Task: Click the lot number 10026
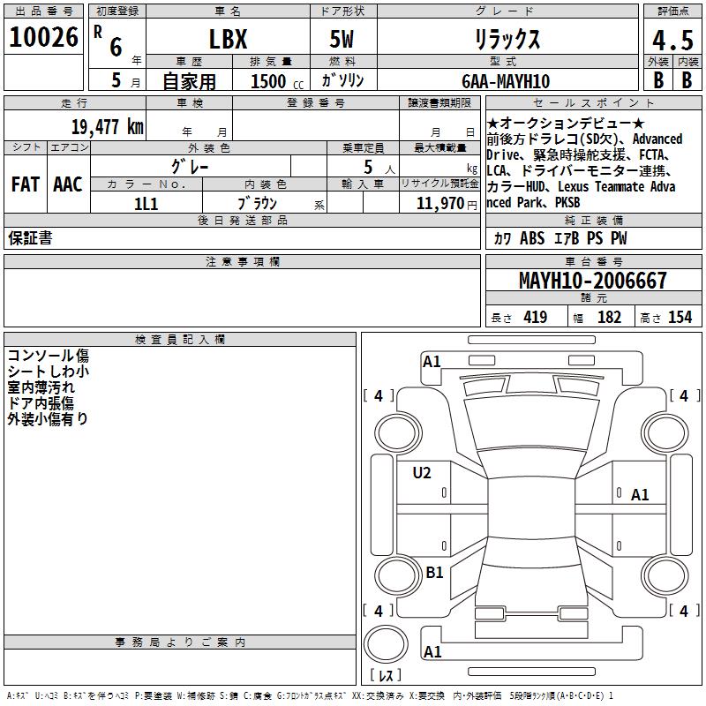tap(43, 37)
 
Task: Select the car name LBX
tap(229, 39)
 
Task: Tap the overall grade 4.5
tap(672, 40)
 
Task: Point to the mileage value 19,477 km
tap(108, 126)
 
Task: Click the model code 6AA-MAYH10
tap(506, 81)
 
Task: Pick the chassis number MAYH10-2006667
tap(592, 280)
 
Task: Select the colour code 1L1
tap(146, 204)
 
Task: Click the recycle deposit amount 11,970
tap(439, 204)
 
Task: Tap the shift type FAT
tap(26, 184)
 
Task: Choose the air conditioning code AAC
tap(68, 184)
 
